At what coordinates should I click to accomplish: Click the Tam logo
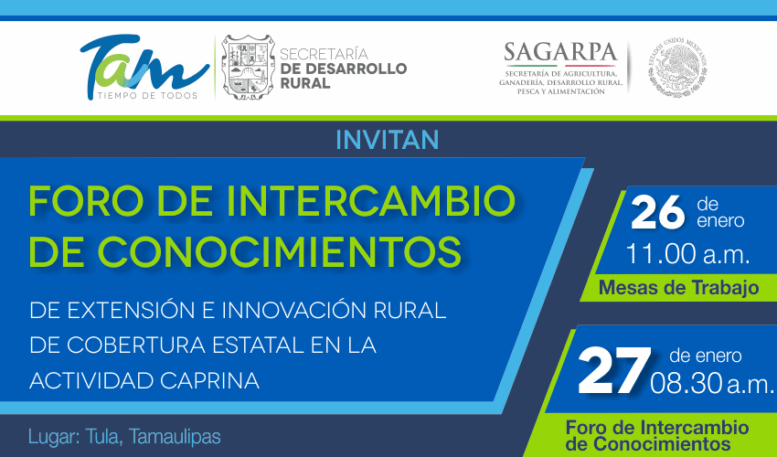144,68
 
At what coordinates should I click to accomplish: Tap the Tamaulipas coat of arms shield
249,67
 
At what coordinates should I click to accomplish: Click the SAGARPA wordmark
560,52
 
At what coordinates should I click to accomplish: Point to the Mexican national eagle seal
677,68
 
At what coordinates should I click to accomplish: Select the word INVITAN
387,140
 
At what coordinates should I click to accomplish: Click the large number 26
657,213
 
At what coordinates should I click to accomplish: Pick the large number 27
614,370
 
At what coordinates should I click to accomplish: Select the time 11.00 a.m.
687,254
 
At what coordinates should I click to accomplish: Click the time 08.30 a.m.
712,383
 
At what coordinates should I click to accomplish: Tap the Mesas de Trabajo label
678,288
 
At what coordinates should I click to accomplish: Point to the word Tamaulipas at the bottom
175,437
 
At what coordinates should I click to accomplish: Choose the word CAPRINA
209,380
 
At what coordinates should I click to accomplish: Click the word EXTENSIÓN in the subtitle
132,310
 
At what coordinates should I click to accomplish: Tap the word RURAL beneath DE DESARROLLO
305,83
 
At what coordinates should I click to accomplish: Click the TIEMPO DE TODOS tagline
148,95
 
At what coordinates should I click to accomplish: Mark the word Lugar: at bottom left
54,437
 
